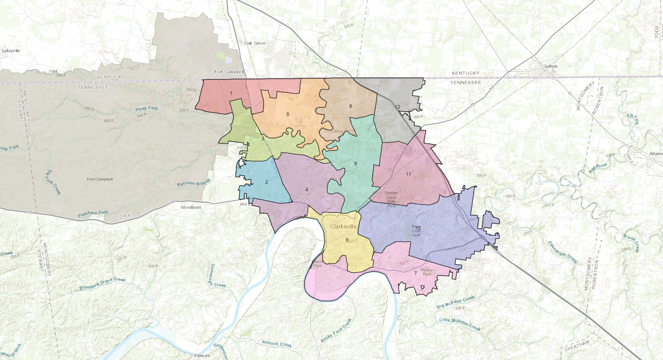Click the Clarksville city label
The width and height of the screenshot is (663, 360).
[343, 227]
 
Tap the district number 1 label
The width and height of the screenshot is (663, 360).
[231, 93]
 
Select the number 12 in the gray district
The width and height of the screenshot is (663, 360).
[397, 107]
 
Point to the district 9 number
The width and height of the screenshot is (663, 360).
[356, 164]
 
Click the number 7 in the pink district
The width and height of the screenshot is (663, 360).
[415, 273]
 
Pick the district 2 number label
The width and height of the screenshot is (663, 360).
[267, 182]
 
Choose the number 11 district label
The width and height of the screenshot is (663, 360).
[408, 174]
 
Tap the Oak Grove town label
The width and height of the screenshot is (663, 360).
[255, 43]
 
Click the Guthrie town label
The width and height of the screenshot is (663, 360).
[550, 66]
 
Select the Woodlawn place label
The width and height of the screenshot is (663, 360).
[191, 207]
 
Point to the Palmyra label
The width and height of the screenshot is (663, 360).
[202, 355]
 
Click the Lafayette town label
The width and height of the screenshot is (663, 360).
[11, 51]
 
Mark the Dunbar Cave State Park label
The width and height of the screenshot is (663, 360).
[391, 199]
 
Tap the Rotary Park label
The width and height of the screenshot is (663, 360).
[427, 272]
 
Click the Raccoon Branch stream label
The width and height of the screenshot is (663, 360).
[193, 183]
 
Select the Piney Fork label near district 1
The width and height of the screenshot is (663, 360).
[146, 109]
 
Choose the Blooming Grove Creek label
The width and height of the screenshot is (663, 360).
[102, 284]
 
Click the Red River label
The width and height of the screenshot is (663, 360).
[598, 168]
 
